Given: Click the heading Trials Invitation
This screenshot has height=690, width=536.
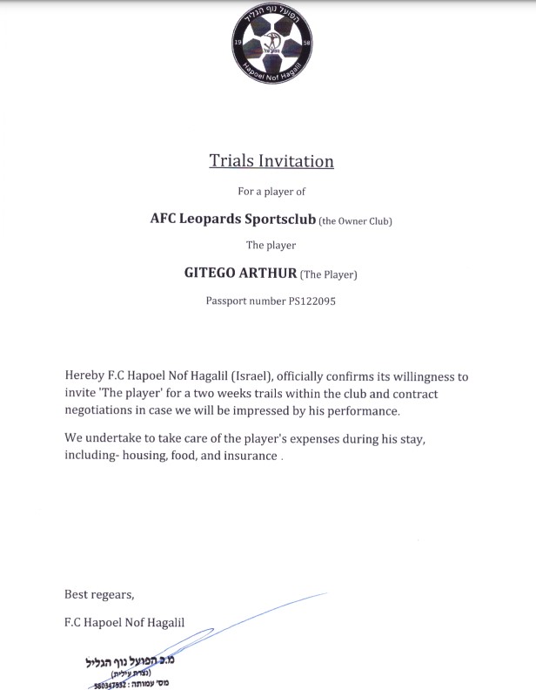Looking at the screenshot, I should coord(271,161).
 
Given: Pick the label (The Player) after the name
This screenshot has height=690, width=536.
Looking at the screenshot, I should coord(328,275).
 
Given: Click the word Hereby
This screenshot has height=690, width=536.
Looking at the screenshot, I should coord(84,376).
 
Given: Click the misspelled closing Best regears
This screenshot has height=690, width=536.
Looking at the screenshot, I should coord(99,595).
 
